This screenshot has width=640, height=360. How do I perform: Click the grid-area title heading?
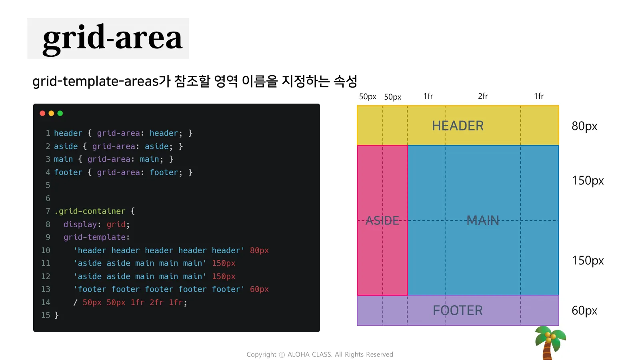112,39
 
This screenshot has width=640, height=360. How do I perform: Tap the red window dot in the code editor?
42,114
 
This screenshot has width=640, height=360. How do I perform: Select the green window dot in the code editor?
60,114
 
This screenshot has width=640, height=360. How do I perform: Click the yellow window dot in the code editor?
52,114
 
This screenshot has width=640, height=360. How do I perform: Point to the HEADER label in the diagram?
458,126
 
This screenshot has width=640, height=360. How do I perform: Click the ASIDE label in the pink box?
382,220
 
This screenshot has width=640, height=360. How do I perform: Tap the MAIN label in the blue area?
483,220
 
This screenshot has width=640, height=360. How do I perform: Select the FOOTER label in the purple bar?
458,310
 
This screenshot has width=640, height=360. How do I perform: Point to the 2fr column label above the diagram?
483,96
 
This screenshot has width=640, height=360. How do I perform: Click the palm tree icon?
550,342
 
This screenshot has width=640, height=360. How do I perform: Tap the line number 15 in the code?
46,315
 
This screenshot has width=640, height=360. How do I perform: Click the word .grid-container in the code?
90,211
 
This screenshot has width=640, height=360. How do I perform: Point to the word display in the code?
80,224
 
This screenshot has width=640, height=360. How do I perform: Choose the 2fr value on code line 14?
156,302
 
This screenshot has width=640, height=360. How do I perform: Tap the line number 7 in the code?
48,211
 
